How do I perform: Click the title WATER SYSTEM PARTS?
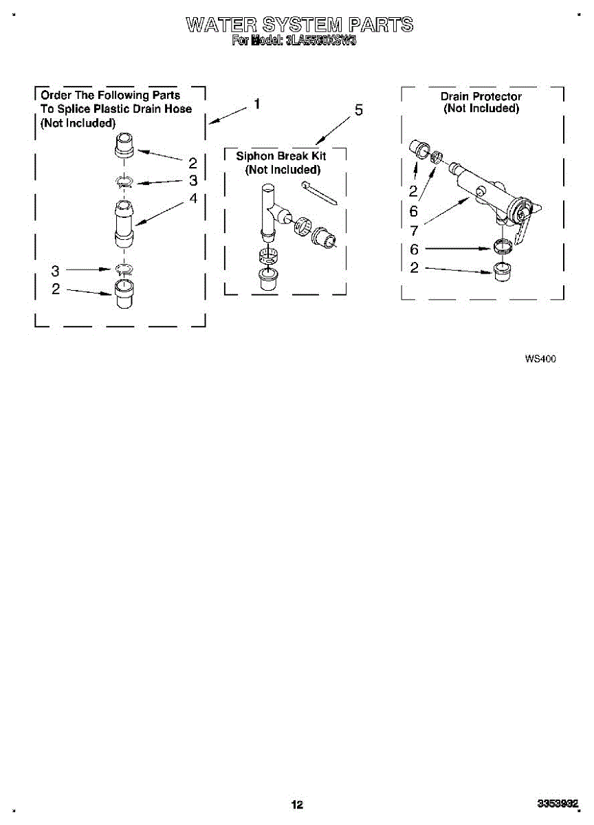[x=300, y=25]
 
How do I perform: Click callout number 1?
[x=256, y=104]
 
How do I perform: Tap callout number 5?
[x=358, y=111]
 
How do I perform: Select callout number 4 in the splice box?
[x=193, y=198]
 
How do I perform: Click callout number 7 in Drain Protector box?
[x=414, y=231]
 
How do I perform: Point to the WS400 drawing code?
[x=540, y=358]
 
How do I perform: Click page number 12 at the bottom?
[x=296, y=804]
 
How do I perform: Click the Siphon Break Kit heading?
[x=281, y=156]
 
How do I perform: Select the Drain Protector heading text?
[x=481, y=96]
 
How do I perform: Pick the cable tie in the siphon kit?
[x=318, y=193]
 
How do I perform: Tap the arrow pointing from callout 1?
[x=228, y=115]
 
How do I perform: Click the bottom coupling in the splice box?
[x=124, y=294]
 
